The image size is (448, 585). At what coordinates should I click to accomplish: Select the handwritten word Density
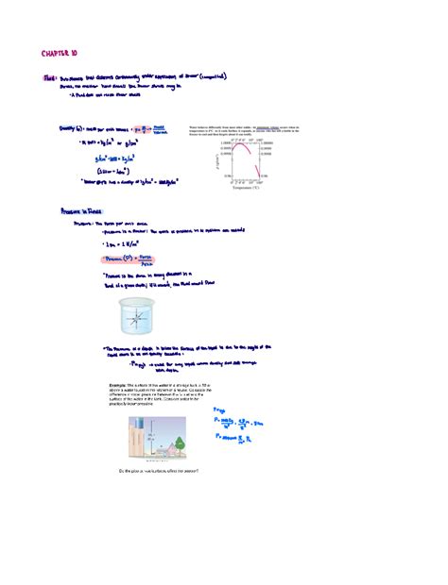pos(71,125)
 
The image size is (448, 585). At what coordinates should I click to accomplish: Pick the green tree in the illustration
pos(182,441)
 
